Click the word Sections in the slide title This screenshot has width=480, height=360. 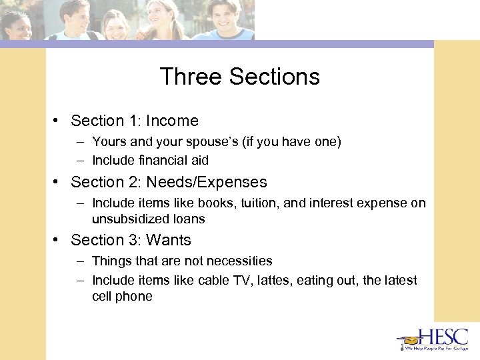click(x=275, y=77)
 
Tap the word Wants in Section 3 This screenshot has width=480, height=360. click(x=169, y=240)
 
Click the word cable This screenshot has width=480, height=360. click(x=213, y=280)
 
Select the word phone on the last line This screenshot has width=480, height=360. click(x=135, y=297)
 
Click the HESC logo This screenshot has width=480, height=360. click(x=433, y=339)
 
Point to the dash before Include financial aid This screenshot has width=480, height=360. click(x=80, y=161)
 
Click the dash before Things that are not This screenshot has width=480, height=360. click(x=80, y=261)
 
